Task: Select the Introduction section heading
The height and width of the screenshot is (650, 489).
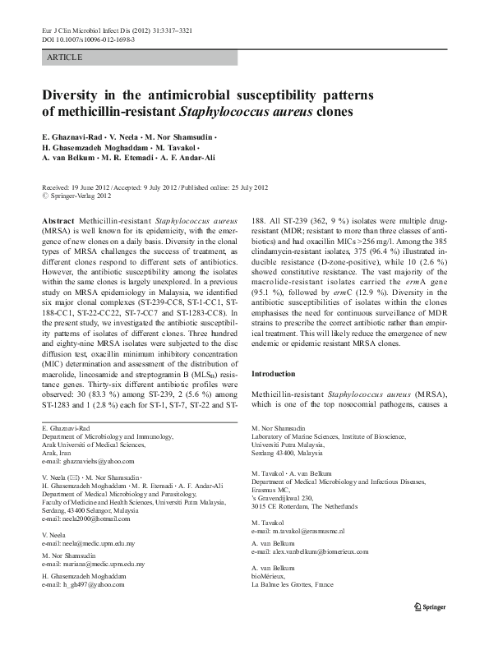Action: [x=275, y=372]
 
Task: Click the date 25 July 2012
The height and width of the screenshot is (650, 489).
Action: [x=236, y=187]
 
